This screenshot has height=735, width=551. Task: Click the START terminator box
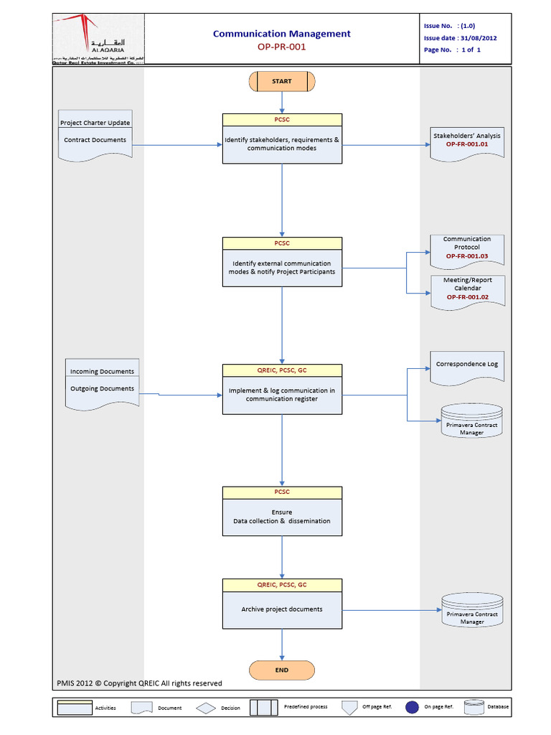(x=281, y=81)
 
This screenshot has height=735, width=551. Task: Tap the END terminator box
(x=281, y=670)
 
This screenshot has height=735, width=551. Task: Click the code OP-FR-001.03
(x=467, y=256)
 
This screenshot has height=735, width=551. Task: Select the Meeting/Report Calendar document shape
(x=467, y=291)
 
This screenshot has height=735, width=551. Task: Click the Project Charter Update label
(x=95, y=123)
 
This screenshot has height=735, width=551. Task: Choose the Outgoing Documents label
(x=102, y=388)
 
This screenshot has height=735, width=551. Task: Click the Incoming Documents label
(x=102, y=371)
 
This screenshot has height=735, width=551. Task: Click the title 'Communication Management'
(x=282, y=33)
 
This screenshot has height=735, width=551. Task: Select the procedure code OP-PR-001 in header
(x=282, y=47)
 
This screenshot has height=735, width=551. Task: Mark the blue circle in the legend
(x=411, y=707)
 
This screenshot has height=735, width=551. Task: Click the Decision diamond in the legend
(x=207, y=708)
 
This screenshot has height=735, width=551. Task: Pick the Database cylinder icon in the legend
(x=475, y=707)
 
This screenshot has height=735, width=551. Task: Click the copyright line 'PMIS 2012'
(x=139, y=683)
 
